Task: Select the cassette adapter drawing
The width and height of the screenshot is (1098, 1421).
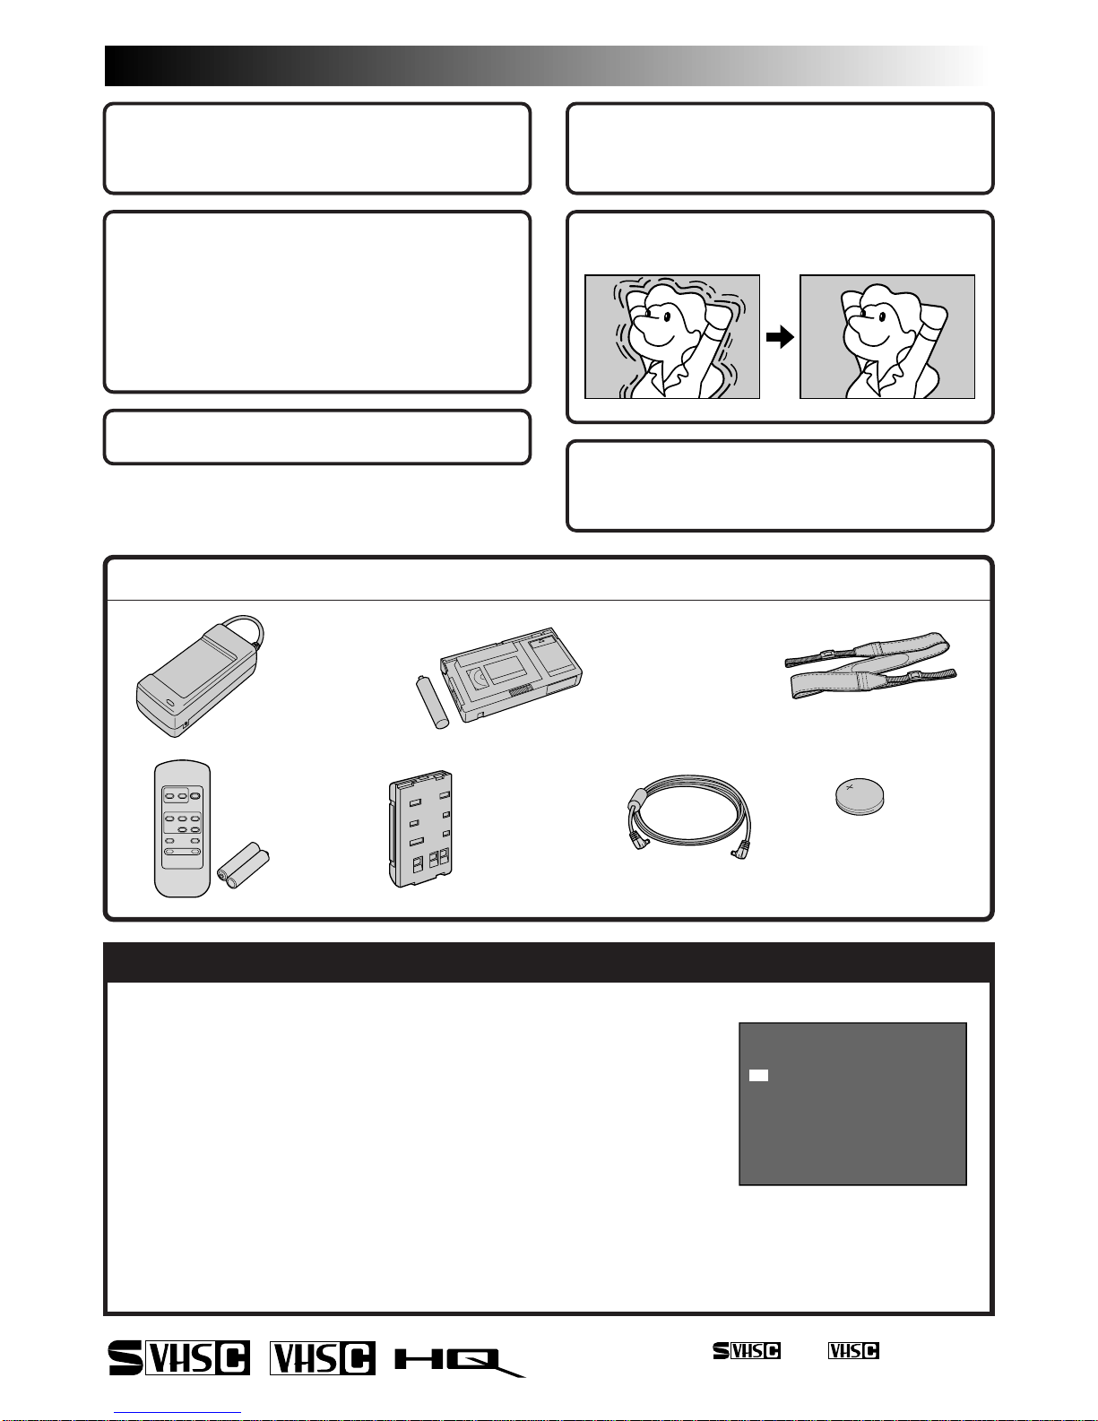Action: pos(511,674)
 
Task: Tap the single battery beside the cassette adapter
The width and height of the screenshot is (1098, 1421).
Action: pos(433,702)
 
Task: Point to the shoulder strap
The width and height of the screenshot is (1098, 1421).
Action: pos(870,665)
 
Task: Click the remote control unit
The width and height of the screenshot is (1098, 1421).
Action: pos(182,828)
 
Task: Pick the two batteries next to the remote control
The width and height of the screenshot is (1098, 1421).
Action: pos(243,865)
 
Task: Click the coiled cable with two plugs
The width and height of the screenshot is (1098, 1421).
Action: pos(689,817)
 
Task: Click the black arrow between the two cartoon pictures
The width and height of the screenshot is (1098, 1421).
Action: pos(780,337)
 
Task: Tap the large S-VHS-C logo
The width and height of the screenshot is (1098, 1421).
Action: pos(179,1357)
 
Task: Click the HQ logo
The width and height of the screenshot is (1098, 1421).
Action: pos(460,1362)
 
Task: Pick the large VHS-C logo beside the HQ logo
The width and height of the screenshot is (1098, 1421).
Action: pos(323,1357)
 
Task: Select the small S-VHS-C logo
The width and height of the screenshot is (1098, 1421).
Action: pos(747,1350)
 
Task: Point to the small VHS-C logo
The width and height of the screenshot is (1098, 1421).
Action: pos(853,1350)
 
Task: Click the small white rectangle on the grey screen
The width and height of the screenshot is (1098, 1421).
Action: pos(758,1076)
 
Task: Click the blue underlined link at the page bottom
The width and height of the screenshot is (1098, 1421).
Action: pos(177,1413)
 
